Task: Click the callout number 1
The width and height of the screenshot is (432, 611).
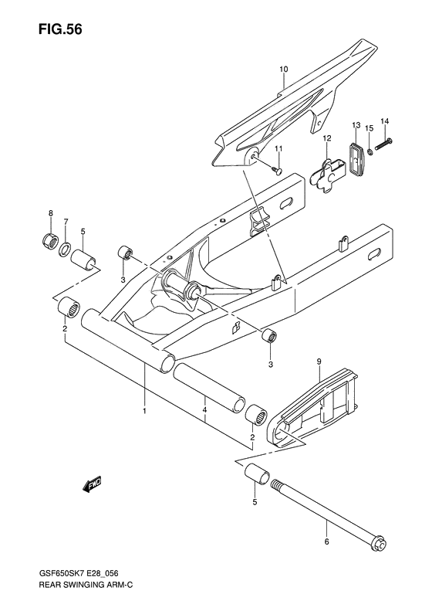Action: (144, 410)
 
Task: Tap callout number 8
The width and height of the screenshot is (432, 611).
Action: (50, 213)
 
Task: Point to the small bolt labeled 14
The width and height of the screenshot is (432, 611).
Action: (384, 141)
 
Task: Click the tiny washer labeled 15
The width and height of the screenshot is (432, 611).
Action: (372, 151)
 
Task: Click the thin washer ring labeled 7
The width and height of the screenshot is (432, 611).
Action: (67, 249)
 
